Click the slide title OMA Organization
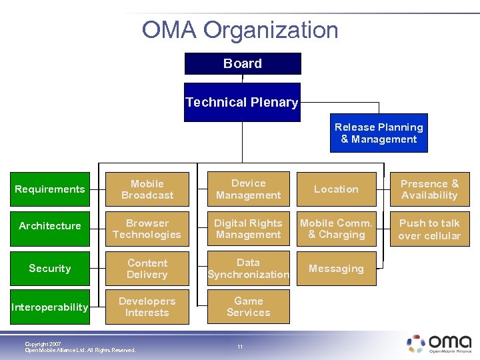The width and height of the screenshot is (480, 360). click(x=240, y=30)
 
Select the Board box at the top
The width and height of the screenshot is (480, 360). click(x=243, y=63)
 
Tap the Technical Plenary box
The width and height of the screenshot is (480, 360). click(x=242, y=102)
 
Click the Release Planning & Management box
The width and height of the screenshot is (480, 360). click(x=379, y=133)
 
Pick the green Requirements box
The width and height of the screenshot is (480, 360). click(x=50, y=189)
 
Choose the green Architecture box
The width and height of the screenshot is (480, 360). click(x=50, y=226)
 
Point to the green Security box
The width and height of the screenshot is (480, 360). click(x=50, y=268)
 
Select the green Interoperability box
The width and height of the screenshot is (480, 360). click(x=50, y=307)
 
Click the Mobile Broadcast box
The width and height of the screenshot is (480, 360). click(x=147, y=189)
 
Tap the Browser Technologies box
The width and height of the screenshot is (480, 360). click(x=147, y=229)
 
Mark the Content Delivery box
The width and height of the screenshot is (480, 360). click(x=147, y=268)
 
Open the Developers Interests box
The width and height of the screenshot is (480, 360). click(x=147, y=307)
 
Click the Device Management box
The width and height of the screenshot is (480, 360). click(x=248, y=189)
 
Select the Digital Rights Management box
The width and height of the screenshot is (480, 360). click(x=248, y=229)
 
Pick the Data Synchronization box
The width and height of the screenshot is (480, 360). click(x=248, y=268)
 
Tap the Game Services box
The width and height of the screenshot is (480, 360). click(x=248, y=307)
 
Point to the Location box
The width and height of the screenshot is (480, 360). click(x=336, y=189)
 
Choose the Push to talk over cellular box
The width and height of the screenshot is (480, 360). click(x=429, y=229)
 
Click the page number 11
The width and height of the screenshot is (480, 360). click(x=241, y=347)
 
